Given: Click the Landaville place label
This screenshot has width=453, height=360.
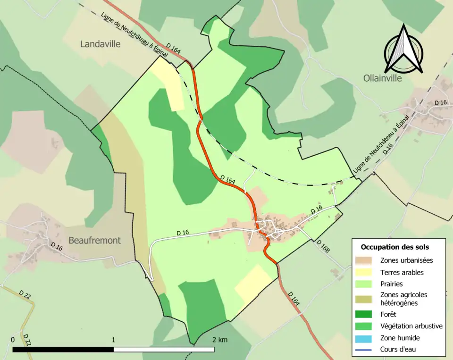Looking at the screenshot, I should pos(101,44).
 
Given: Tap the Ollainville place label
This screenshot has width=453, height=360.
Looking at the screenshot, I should pos(383,78).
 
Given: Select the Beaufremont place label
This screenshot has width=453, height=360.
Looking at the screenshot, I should pos(94,240).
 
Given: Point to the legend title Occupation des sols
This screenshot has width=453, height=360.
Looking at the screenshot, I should pos(394,247).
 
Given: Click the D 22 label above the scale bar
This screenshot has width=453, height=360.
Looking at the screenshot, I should pos(25,294).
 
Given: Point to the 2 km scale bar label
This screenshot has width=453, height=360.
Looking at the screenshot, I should pos(220,339).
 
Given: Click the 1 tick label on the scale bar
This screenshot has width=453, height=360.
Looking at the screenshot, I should pos(114,339).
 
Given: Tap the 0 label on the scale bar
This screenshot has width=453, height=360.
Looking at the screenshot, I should pos(13,339).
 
